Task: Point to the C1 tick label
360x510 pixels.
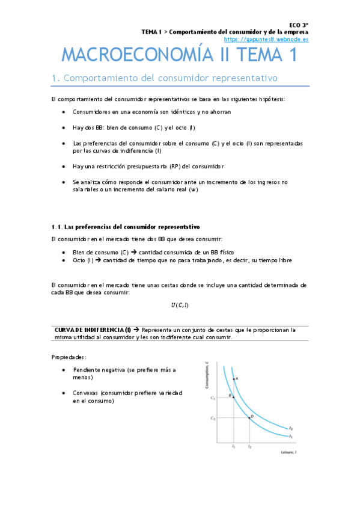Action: coord(212,398)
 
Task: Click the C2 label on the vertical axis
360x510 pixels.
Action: coord(212,417)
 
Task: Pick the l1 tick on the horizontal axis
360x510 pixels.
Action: coord(233,447)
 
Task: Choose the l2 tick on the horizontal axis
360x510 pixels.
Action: coord(249,447)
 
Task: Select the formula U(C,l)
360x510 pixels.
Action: coord(179,305)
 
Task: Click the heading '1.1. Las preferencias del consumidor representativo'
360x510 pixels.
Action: coord(126,227)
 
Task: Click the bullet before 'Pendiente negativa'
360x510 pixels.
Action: coord(64,370)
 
